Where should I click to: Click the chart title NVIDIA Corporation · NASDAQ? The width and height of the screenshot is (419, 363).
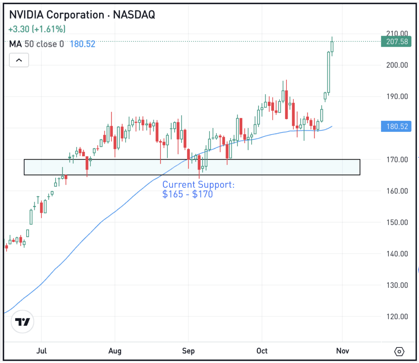tap(82, 15)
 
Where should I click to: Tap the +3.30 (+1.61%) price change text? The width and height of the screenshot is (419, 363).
tap(36, 29)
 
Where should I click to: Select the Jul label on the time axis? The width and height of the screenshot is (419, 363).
tap(41, 351)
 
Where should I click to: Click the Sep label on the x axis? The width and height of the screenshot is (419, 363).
tap(188, 351)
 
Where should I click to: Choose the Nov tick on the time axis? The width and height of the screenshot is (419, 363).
tap(342, 351)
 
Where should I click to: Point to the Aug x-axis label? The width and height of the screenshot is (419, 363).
tap(115, 351)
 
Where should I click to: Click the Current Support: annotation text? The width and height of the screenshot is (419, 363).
tap(198, 185)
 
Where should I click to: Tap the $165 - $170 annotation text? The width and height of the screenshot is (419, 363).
tap(187, 194)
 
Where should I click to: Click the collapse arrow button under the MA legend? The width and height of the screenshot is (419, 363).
tap(19, 61)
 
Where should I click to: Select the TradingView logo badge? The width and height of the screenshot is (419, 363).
tap(23, 322)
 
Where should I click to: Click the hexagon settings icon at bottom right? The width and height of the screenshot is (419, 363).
tap(399, 352)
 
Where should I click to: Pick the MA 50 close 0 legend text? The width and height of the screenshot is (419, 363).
tap(37, 44)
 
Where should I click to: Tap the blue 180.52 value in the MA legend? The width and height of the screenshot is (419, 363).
tap(83, 44)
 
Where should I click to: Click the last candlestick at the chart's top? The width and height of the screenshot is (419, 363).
tap(332, 47)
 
